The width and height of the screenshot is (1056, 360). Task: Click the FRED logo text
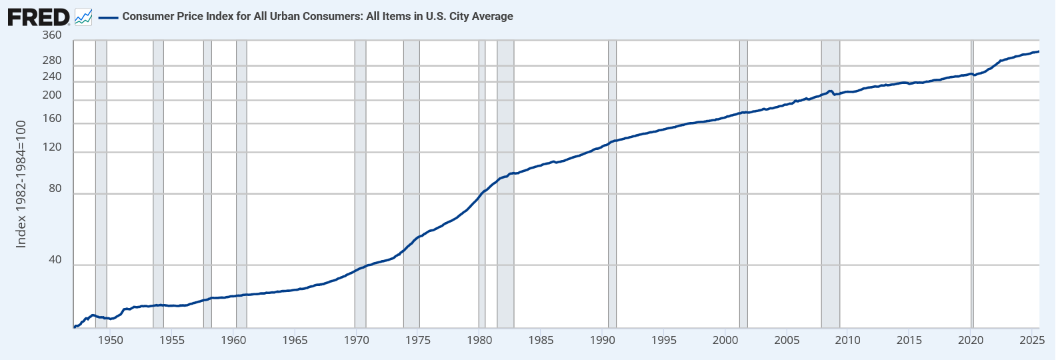click(38, 17)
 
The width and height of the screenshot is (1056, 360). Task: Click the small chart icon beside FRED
click(83, 17)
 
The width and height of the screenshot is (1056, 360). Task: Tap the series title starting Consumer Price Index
click(317, 17)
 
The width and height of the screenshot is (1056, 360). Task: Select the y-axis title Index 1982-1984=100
click(21, 184)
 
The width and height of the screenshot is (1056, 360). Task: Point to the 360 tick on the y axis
click(51, 35)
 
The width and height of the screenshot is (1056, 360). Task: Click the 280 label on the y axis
click(51, 61)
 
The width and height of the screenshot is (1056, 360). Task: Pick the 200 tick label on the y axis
click(51, 95)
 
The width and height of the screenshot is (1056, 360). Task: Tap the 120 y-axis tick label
click(51, 147)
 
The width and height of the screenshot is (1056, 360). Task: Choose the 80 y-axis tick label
click(55, 189)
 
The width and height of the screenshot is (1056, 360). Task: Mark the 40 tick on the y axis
click(55, 260)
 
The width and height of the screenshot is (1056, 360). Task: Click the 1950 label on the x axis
click(111, 340)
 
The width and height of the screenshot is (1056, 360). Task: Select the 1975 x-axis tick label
click(418, 340)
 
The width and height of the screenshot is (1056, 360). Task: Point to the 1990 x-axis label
click(603, 340)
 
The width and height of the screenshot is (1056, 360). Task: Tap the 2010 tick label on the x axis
click(848, 340)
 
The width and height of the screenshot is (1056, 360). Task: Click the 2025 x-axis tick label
click(1032, 340)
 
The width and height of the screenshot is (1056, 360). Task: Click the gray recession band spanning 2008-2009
click(830, 200)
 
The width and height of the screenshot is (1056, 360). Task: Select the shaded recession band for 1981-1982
click(505, 233)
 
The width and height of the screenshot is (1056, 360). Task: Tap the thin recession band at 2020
click(972, 200)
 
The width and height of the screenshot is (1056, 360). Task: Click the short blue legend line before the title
click(108, 17)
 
